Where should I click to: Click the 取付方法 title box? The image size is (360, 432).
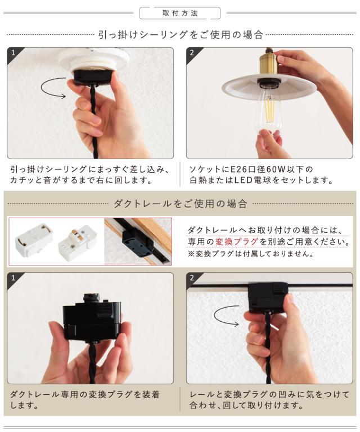pos(180,13)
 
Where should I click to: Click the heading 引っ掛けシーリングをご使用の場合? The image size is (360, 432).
pos(181,35)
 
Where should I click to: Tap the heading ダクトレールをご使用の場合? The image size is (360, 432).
pos(181,204)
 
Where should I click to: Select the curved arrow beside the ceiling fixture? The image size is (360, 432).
pos(53,88)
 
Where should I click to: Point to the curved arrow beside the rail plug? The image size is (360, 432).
pos(227,316)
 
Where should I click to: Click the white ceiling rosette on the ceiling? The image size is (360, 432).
pos(93,58)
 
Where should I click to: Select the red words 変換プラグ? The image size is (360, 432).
pos(236,242)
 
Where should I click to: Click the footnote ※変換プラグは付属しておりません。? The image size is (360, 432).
pos(251,254)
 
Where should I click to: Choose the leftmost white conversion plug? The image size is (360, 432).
pos(34,239)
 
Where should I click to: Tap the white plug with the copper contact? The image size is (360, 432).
pos(78,241)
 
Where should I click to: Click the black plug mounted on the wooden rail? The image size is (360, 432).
pos(137,241)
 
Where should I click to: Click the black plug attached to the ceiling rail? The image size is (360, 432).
pos(268,298)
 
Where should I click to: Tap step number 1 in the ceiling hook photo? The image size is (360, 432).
pos(13,53)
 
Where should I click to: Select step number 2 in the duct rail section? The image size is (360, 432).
pos(192,278)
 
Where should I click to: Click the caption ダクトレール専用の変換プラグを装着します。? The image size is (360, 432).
pos(84,400)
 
